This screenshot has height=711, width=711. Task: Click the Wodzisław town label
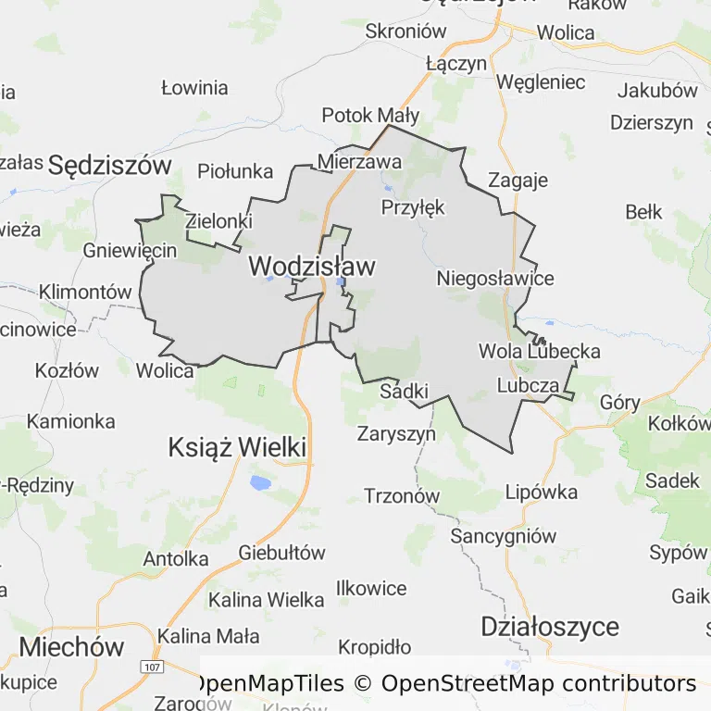point(312,267)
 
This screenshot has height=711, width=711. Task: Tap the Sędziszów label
point(110,166)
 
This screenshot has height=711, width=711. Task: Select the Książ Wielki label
point(237,447)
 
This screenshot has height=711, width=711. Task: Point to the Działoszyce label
point(550,627)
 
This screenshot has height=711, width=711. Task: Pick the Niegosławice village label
point(495,279)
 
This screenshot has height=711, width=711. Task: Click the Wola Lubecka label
point(540,352)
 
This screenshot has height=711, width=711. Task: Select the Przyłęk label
point(413,207)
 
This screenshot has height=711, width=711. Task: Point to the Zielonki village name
point(218,222)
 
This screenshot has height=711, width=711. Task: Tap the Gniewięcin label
point(130,251)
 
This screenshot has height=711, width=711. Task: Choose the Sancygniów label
point(504,536)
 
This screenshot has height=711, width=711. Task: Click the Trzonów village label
point(402,495)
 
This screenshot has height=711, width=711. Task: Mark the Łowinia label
point(194,89)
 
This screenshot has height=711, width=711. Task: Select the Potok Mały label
point(370,116)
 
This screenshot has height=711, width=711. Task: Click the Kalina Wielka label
point(267,600)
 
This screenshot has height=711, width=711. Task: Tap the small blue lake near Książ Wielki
point(260,482)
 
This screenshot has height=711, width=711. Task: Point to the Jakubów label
point(657,91)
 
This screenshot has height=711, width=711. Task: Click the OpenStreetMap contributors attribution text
point(538,684)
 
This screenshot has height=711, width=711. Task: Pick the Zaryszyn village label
point(396,432)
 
